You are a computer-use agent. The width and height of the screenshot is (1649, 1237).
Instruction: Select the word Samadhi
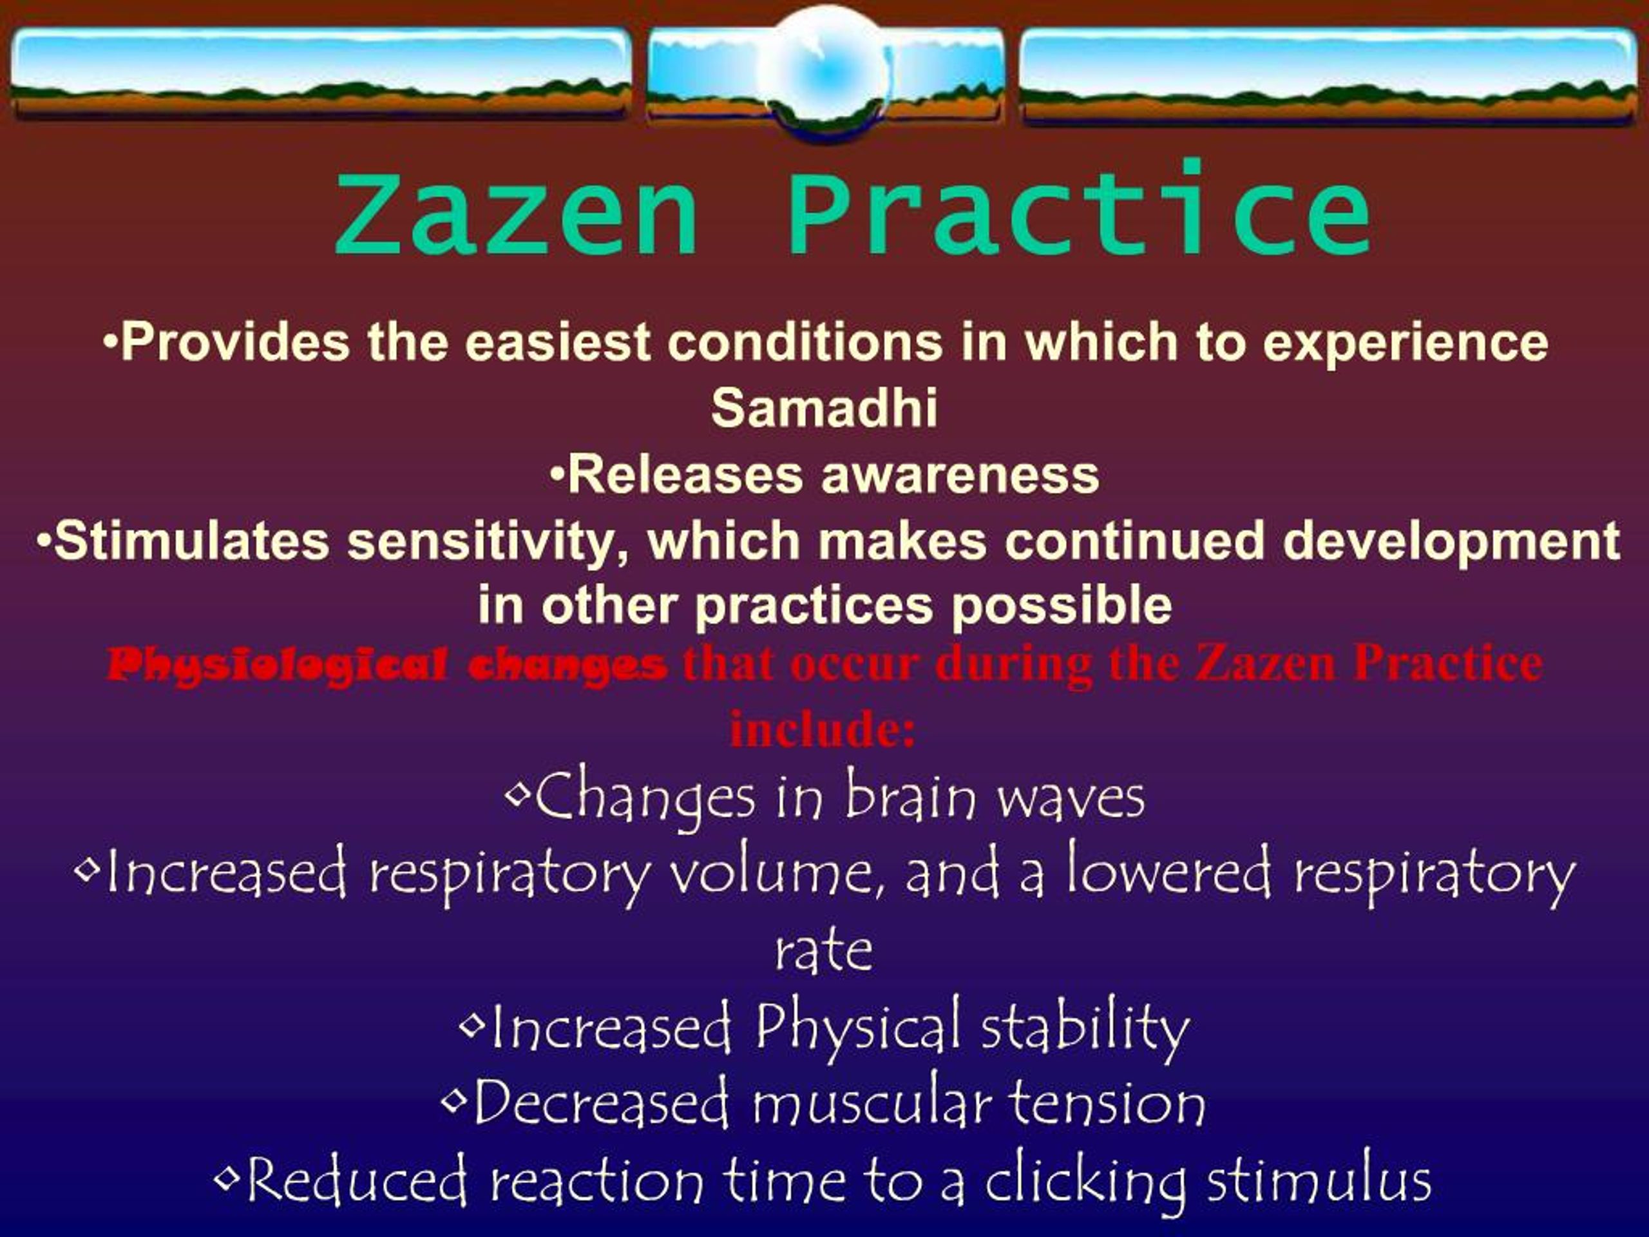824,408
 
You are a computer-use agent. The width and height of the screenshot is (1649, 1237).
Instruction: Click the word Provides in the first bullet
234,341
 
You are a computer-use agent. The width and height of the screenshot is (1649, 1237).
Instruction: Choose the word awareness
960,475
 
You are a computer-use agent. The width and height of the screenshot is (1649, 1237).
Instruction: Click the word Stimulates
191,540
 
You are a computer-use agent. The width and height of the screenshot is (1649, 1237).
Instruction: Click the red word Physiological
278,664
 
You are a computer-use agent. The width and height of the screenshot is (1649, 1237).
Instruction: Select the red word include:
823,729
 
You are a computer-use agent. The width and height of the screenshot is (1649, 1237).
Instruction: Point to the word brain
909,796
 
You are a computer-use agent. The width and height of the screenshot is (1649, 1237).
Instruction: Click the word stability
1085,1029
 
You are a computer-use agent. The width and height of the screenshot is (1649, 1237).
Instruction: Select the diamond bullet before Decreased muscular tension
453,1100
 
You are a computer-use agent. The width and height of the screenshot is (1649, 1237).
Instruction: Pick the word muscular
871,1104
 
